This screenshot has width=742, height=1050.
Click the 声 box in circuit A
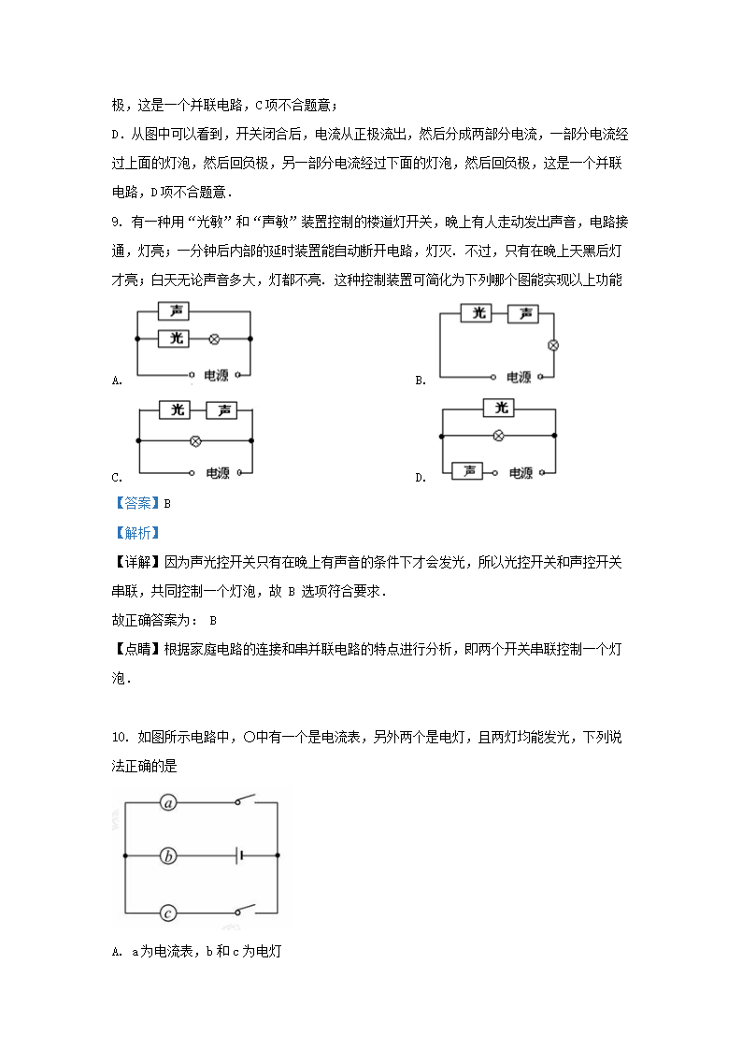click(x=175, y=311)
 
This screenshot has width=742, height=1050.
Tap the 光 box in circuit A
click(x=175, y=339)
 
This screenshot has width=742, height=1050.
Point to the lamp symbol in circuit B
click(x=552, y=345)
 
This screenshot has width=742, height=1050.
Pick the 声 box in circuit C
click(x=221, y=410)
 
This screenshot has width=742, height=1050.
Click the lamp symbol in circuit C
click(x=194, y=440)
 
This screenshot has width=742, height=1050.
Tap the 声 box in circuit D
click(x=467, y=472)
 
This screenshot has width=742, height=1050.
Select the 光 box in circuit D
click(x=502, y=408)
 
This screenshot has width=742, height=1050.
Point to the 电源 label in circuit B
click(x=519, y=378)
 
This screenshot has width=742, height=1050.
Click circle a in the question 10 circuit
click(x=168, y=802)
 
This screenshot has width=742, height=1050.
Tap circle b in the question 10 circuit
click(x=168, y=856)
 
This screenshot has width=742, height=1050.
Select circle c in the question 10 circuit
click(x=168, y=913)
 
